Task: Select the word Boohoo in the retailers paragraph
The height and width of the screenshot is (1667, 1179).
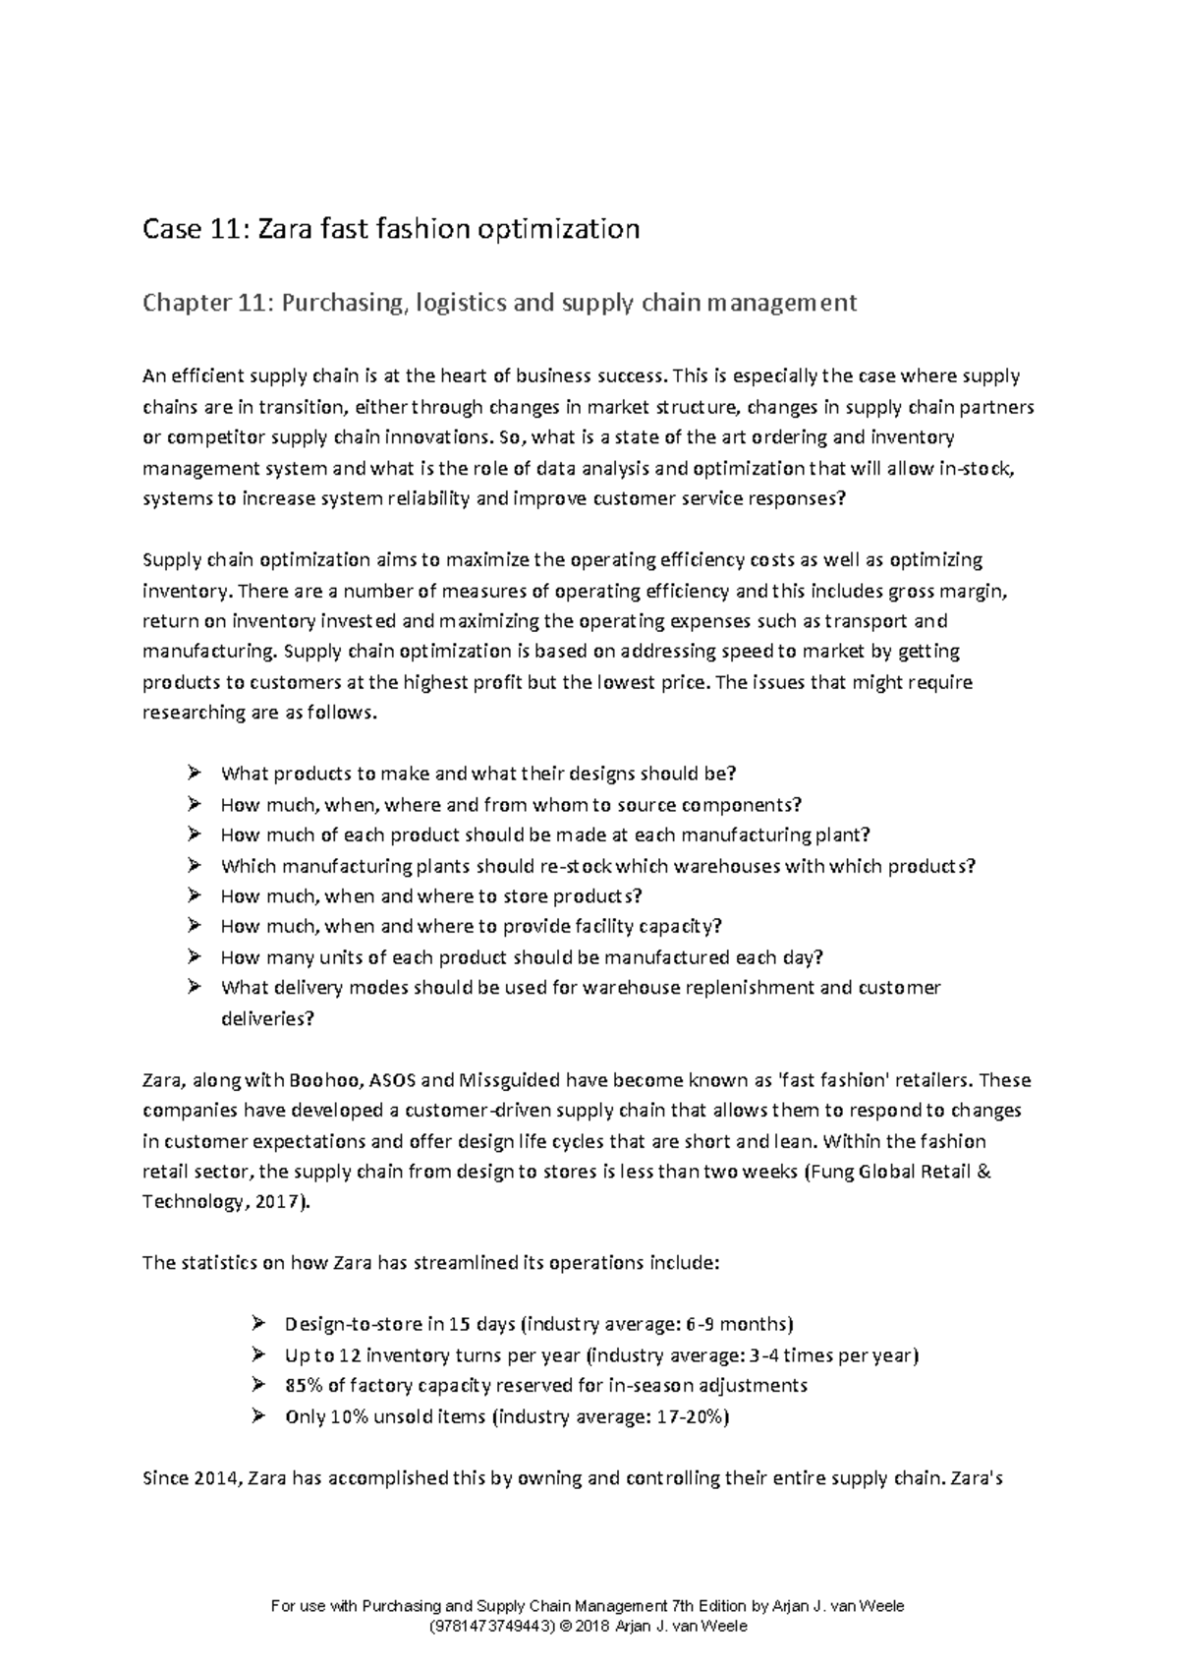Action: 324,1080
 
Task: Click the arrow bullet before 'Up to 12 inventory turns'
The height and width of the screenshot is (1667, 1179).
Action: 258,1354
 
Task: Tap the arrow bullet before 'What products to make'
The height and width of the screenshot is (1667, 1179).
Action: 194,773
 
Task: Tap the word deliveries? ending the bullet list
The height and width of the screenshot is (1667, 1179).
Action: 267,1018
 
